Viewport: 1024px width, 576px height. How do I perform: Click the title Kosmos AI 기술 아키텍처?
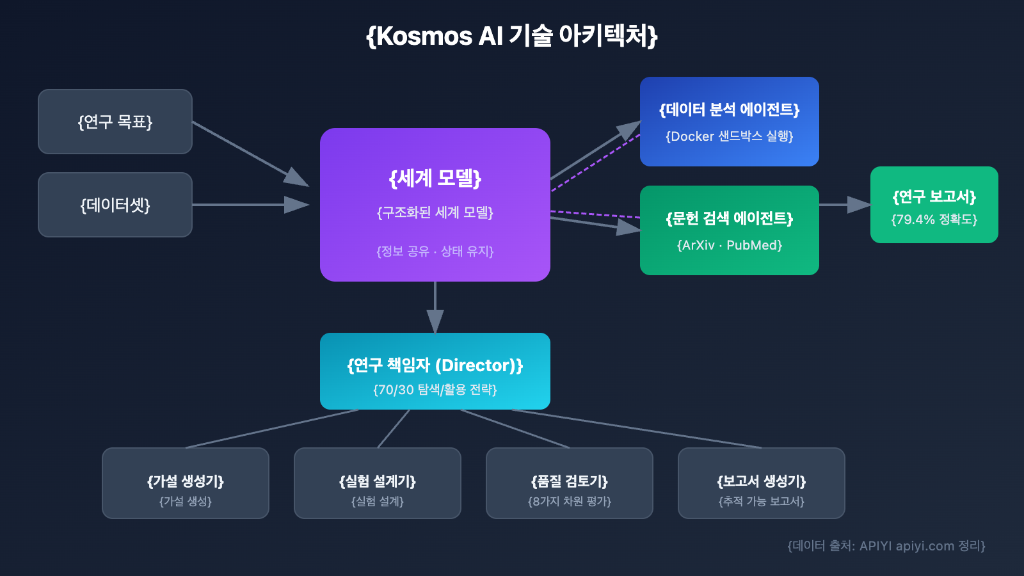(512, 36)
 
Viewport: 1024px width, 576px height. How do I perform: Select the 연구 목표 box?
(115, 122)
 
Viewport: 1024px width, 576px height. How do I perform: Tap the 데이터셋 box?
(115, 205)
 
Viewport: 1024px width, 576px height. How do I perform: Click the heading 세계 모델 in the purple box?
(435, 178)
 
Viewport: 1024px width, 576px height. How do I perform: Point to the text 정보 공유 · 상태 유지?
(435, 252)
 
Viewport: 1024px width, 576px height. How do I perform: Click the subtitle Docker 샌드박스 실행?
(730, 136)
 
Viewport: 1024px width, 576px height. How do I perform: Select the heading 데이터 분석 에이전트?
(730, 109)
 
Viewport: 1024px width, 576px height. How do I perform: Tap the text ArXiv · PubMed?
(730, 245)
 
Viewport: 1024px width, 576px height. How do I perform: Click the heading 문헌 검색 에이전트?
(730, 218)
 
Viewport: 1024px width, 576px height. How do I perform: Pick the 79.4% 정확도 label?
(934, 220)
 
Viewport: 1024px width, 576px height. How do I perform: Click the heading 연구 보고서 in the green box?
(934, 196)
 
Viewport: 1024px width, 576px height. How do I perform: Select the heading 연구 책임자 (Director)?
(435, 365)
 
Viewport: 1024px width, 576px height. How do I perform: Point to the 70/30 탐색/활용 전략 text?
(435, 390)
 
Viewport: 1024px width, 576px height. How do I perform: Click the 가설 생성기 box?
(186, 483)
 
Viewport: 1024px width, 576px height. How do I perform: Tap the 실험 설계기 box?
(378, 483)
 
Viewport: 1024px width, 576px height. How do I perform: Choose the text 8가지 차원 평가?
(570, 501)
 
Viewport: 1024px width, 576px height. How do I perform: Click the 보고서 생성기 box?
(762, 483)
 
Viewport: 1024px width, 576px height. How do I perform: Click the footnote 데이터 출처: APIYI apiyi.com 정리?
(886, 546)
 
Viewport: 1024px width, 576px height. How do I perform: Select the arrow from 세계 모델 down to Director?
(435, 307)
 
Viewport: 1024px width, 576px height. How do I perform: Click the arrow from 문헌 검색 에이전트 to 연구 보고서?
(845, 205)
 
